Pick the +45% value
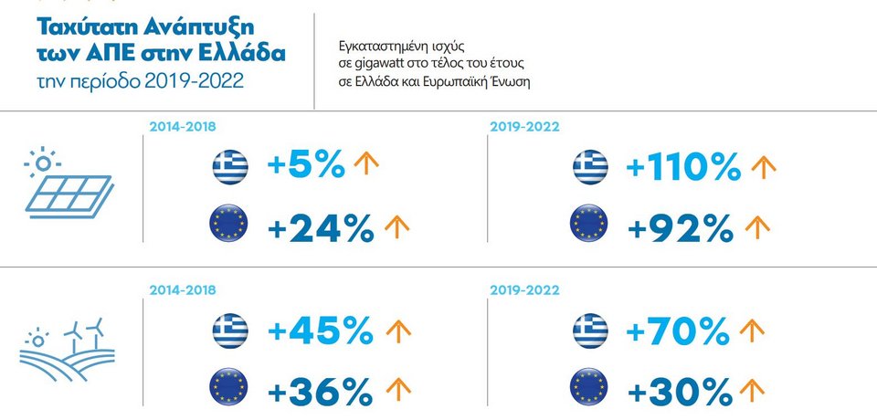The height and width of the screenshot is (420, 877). (x=320, y=330)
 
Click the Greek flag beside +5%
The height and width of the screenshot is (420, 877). (x=230, y=167)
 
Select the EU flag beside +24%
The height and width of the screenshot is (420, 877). (x=230, y=225)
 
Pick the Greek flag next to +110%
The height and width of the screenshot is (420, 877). (x=590, y=167)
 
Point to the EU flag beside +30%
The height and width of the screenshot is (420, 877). (x=590, y=389)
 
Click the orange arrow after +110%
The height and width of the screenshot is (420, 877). (x=763, y=166)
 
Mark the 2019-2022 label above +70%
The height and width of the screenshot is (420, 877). (x=525, y=290)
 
